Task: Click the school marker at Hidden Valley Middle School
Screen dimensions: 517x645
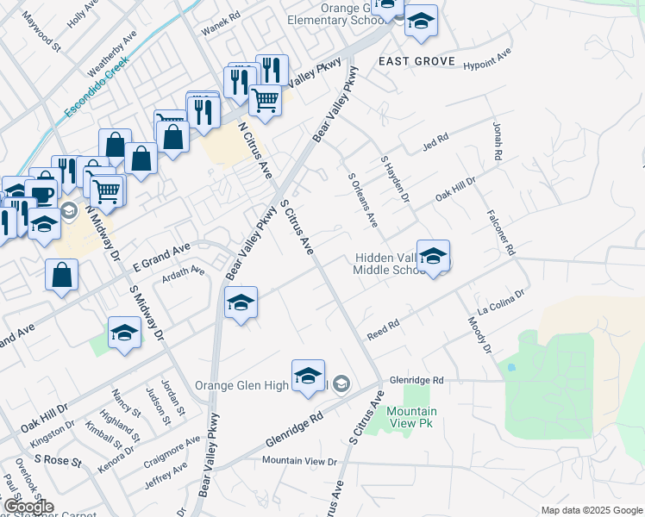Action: (434, 256)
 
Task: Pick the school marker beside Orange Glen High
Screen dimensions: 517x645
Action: (308, 377)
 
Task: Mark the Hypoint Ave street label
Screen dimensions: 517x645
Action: (487, 59)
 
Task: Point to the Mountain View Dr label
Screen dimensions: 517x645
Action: (299, 461)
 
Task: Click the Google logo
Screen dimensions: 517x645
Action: (28, 507)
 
